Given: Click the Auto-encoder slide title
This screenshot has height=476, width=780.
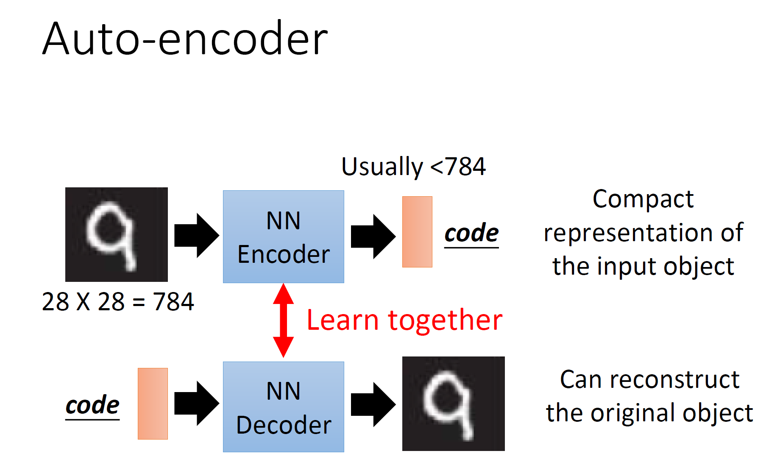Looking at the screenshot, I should click(x=185, y=39).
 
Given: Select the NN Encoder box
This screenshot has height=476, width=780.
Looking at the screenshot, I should click(x=283, y=237).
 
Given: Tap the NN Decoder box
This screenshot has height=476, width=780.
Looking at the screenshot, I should click(x=283, y=407).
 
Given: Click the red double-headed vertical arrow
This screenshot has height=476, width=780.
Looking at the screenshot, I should click(x=283, y=320).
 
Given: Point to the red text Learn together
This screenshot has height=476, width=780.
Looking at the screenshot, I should click(x=404, y=320).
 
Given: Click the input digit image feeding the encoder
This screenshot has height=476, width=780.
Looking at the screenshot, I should click(x=116, y=234).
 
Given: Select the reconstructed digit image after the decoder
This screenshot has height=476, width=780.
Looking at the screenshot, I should click(x=453, y=404).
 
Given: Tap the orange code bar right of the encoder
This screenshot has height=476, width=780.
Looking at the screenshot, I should click(x=417, y=232).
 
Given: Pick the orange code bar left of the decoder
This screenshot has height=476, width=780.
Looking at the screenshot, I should click(x=153, y=404).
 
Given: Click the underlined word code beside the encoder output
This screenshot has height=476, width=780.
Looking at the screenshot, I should click(x=471, y=233).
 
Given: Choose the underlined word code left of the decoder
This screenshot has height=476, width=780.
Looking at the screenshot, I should click(x=92, y=405).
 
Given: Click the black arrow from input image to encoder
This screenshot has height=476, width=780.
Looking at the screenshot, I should click(x=196, y=236).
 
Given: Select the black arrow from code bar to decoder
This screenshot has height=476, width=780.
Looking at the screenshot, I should click(x=196, y=404).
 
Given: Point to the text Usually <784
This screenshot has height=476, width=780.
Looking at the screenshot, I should click(x=413, y=167).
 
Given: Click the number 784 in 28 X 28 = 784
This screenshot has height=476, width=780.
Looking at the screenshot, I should click(x=173, y=302).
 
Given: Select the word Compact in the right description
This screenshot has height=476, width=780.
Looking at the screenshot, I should click(x=643, y=199).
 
